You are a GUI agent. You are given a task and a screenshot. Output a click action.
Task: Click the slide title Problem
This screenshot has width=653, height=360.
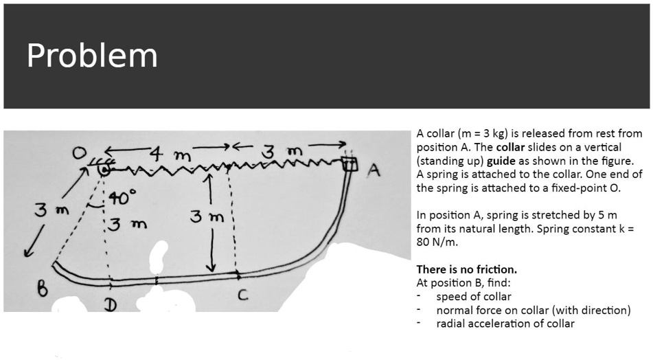[x=92, y=56]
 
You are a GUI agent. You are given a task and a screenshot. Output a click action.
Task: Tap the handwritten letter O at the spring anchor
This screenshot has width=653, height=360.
[x=82, y=153]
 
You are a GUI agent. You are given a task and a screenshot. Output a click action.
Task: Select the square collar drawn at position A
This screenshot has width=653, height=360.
[x=350, y=164]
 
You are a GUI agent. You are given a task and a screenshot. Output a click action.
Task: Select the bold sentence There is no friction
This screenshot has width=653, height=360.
[x=466, y=269]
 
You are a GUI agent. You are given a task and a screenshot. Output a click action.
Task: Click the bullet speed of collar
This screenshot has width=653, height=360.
[x=473, y=297]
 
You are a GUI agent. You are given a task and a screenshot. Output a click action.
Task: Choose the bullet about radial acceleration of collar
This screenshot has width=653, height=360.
[x=505, y=324]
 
